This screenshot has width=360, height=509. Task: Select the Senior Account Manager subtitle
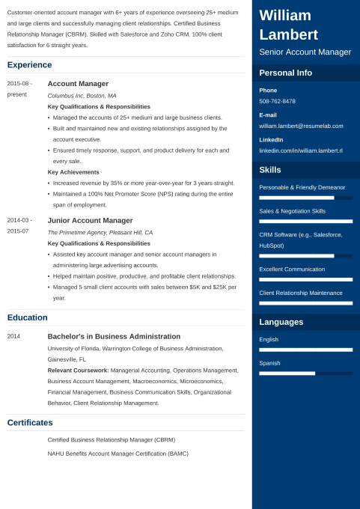click(x=305, y=52)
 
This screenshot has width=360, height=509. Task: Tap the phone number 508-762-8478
click(x=277, y=101)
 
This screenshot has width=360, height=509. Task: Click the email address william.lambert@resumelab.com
click(x=301, y=126)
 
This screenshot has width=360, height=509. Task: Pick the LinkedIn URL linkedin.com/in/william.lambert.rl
click(x=301, y=150)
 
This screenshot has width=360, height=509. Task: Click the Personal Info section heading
click(x=286, y=73)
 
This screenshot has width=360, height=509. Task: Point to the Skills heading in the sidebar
click(x=270, y=170)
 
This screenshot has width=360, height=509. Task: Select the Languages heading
click(x=281, y=322)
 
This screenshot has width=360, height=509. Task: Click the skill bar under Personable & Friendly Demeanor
click(x=305, y=198)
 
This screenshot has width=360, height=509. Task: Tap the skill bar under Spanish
click(x=305, y=373)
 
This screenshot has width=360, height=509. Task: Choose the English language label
click(x=269, y=339)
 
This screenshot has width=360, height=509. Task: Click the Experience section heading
click(x=29, y=65)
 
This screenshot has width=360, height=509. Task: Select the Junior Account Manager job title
click(x=90, y=220)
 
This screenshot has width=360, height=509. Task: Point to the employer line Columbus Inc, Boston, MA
click(x=82, y=96)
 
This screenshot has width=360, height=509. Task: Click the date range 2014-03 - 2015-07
click(x=19, y=225)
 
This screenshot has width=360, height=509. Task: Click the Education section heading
click(x=27, y=317)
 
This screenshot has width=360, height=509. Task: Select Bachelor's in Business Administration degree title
click(x=114, y=336)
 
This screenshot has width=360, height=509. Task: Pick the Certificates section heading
click(x=30, y=423)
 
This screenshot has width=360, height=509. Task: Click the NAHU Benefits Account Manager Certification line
click(x=118, y=454)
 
